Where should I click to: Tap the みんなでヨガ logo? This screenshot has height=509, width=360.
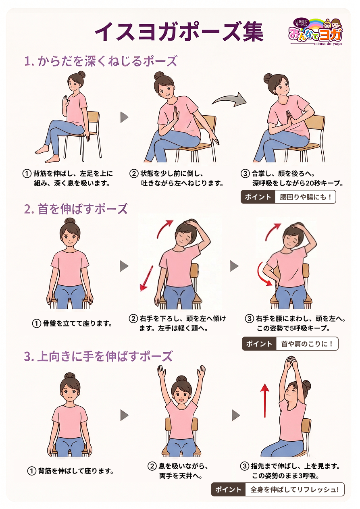pos(316,31)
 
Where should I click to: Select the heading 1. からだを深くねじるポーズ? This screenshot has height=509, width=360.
pos(100,61)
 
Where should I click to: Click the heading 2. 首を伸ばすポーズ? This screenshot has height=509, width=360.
pos(76,209)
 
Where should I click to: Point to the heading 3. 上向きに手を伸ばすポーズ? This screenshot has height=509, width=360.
pos(98,356)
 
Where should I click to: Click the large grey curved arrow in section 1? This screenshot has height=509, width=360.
pos(229,100)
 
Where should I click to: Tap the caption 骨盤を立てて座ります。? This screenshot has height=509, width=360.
pos(78,323)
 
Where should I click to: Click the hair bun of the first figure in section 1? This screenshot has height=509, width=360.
pos(81,75)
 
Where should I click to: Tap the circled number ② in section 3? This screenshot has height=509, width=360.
pos(152,466)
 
